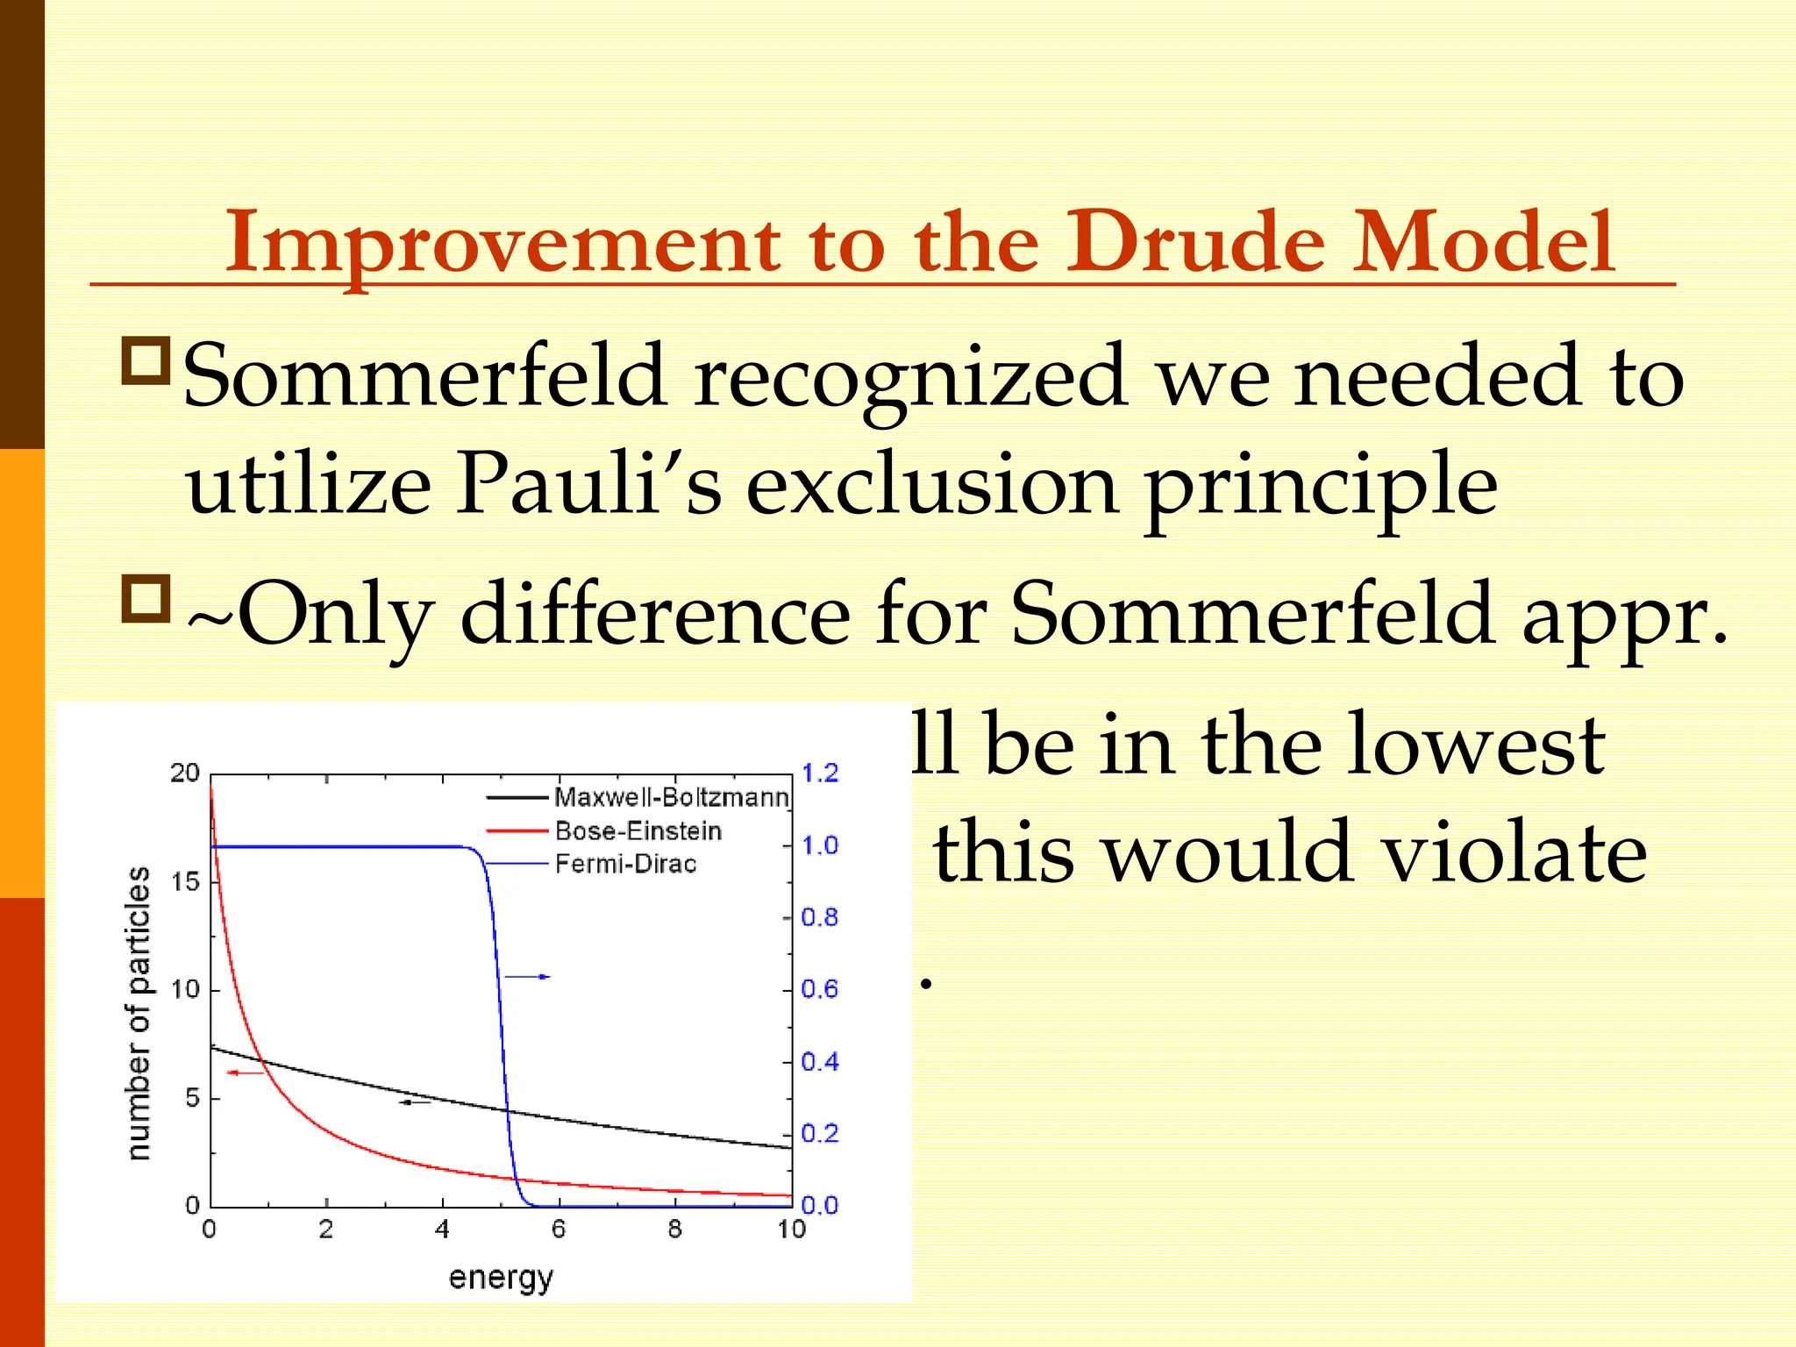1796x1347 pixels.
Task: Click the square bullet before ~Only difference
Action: (145, 600)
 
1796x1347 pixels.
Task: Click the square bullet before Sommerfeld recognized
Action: (145, 360)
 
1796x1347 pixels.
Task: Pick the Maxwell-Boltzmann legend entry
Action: (671, 797)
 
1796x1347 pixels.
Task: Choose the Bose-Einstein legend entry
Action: (638, 830)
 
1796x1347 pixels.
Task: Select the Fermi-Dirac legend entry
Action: (625, 864)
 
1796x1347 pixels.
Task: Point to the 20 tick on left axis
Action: (185, 773)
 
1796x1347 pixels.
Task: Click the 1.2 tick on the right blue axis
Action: (820, 773)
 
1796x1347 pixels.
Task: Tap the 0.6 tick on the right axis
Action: (820, 989)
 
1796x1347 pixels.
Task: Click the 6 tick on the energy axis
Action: (559, 1229)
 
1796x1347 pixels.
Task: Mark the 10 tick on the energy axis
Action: (791, 1229)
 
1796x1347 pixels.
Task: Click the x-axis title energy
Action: (501, 1278)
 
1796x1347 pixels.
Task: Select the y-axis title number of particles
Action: (139, 1013)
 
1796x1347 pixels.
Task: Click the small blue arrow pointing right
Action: (528, 976)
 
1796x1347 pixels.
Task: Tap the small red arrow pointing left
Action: (245, 1073)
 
